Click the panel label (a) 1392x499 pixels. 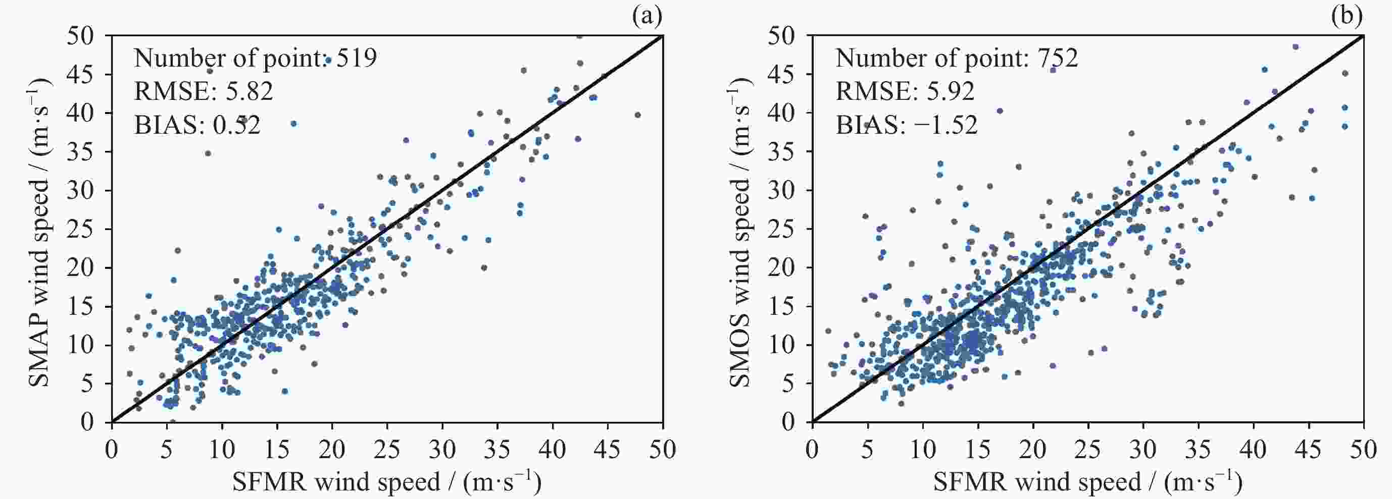pyautogui.click(x=647, y=17)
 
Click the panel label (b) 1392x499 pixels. pyautogui.click(x=1347, y=17)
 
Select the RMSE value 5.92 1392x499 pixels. pyautogui.click(x=951, y=91)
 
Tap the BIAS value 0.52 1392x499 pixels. pyautogui.click(x=236, y=125)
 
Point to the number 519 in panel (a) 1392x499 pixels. pyautogui.click(x=356, y=58)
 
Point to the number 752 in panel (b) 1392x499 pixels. pyautogui.click(x=1057, y=58)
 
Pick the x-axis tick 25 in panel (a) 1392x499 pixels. pyautogui.click(x=387, y=450)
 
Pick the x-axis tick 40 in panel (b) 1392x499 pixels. pyautogui.click(x=1253, y=450)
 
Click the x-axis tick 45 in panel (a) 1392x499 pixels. pyautogui.click(x=608, y=450)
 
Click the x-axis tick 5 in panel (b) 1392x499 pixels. pyautogui.click(x=867, y=450)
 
